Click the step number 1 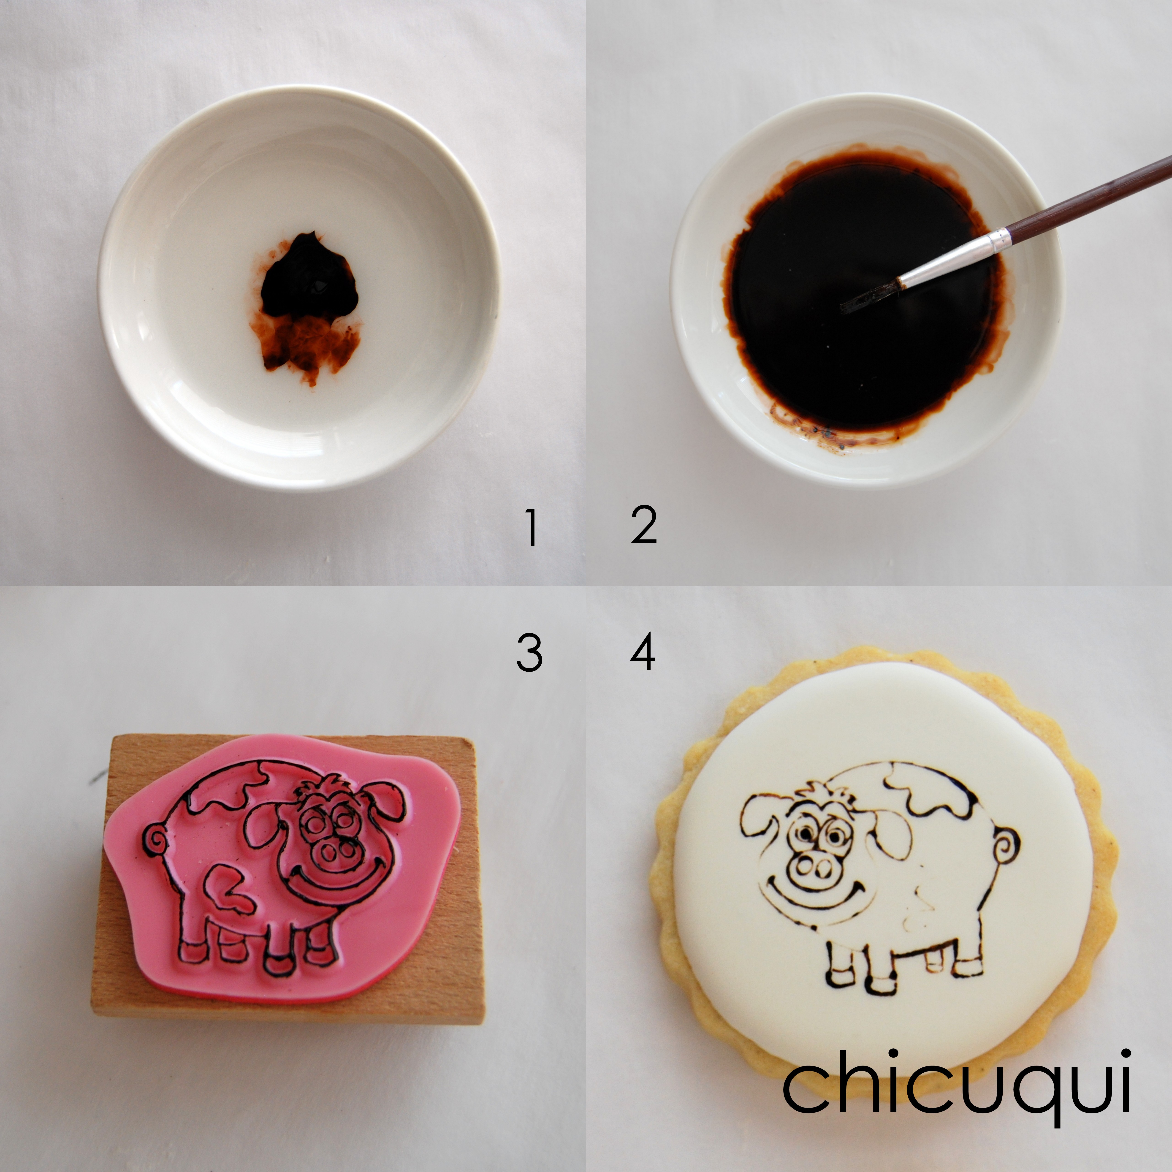tap(531, 528)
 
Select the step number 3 tap(529, 653)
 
